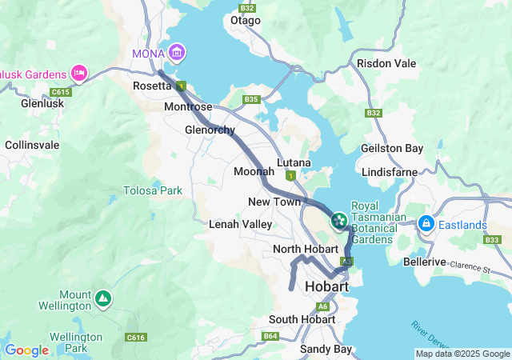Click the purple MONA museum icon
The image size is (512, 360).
tap(177, 54)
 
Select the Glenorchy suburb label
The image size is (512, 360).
tap(210, 130)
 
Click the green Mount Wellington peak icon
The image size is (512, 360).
tap(102, 298)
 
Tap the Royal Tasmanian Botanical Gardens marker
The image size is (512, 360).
tap(338, 218)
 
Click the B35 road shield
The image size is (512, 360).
tap(252, 99)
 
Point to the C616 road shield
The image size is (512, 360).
tap(135, 338)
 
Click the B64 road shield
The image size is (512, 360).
tap(270, 336)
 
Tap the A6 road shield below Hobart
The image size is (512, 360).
tap(322, 306)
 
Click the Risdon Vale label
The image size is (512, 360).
tap(386, 62)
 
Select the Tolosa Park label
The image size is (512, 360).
tap(152, 190)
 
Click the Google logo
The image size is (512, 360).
tap(26, 350)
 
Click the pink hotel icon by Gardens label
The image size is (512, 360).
tap(79, 74)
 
